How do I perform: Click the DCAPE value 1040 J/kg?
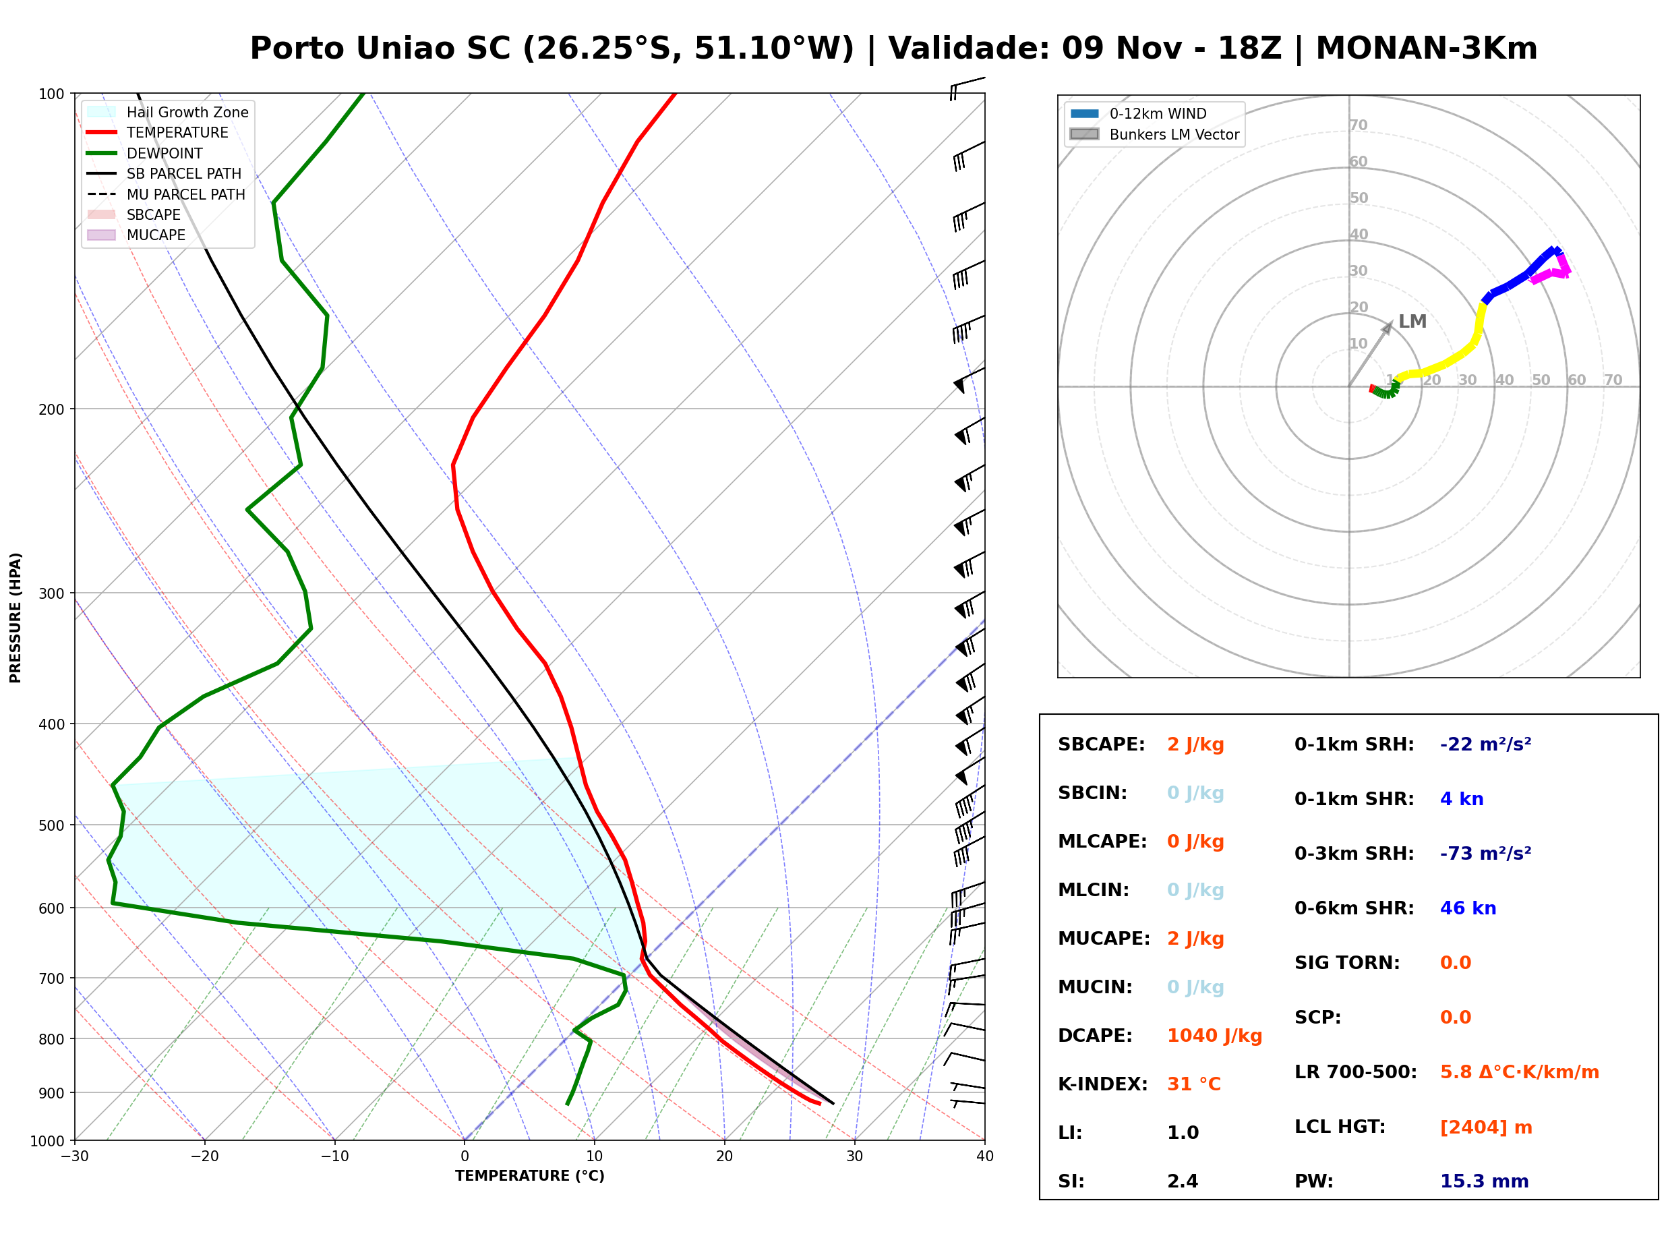1214,1035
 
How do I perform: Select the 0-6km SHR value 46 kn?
1468,908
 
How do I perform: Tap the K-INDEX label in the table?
1103,1084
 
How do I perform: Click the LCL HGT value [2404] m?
1486,1127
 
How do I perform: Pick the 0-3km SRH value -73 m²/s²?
1486,853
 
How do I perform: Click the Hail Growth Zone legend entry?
168,112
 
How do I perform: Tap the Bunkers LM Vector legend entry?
1154,134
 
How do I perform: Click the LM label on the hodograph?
1412,321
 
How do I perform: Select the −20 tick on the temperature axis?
204,1156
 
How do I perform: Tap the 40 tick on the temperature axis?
985,1156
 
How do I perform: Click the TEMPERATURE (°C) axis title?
529,1176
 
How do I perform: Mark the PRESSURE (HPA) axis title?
16,618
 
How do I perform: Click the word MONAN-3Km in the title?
1426,49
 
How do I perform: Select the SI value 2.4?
1183,1181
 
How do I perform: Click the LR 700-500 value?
1520,1072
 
